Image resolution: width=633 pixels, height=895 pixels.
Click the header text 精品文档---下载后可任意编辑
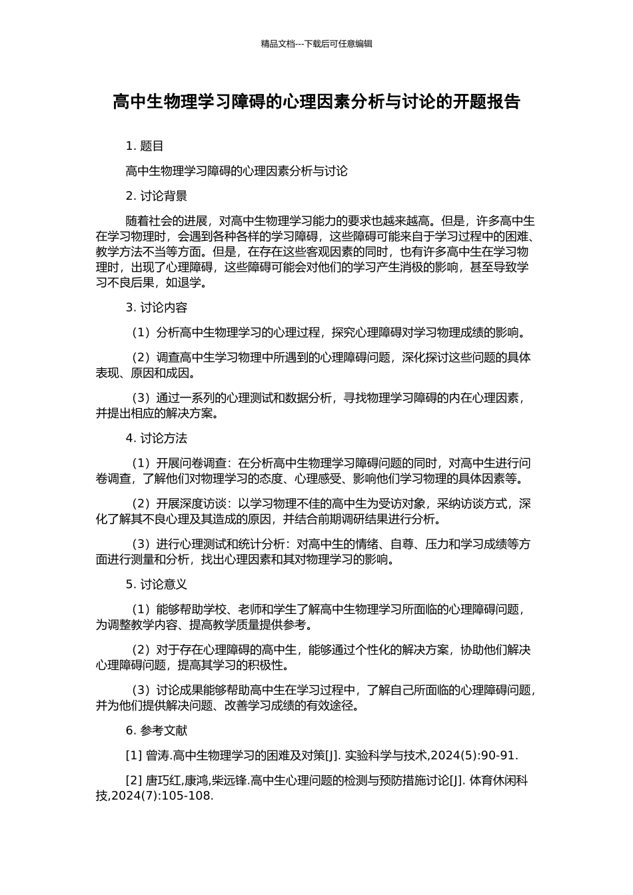point(316,44)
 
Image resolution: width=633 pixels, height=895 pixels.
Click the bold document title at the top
point(316,102)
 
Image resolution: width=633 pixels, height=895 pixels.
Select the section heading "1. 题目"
point(145,147)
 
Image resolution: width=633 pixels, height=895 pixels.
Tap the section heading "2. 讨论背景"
point(157,196)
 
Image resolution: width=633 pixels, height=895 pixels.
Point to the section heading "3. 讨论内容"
point(157,308)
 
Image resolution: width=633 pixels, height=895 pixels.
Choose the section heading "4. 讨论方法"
point(157,438)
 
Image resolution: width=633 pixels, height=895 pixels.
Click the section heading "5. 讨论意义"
point(157,585)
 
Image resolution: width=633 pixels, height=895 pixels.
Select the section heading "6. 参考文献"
point(157,731)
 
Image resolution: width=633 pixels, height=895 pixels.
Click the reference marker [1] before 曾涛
point(134,755)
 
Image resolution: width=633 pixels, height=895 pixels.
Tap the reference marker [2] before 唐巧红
point(134,780)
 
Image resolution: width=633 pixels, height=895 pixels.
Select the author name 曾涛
point(158,755)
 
